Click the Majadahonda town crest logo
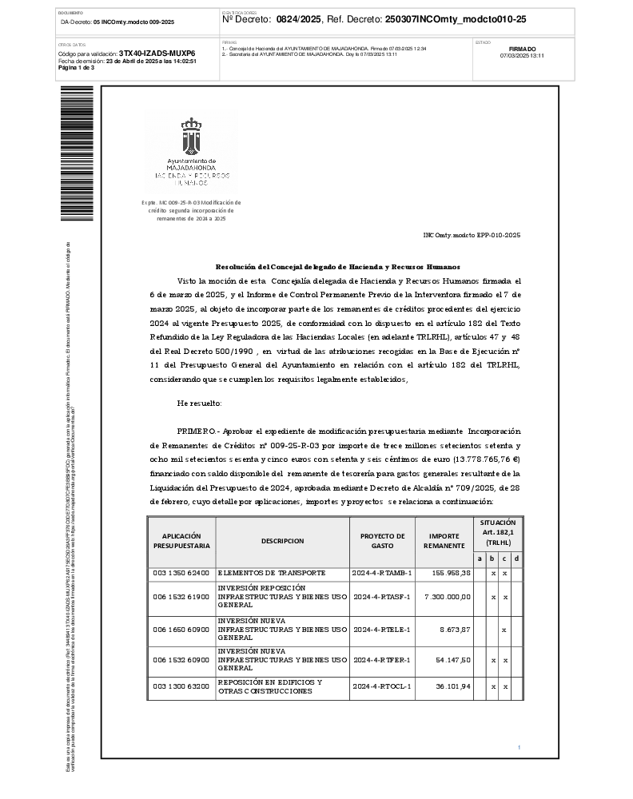(x=190, y=137)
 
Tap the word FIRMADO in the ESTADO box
(x=522, y=49)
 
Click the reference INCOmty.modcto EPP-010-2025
(x=472, y=236)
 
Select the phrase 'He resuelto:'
(x=200, y=403)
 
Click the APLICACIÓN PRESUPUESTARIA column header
(x=181, y=540)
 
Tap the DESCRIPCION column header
(x=282, y=541)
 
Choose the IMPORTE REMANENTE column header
(x=444, y=541)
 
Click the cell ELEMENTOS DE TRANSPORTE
(x=271, y=574)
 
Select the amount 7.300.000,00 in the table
(x=447, y=596)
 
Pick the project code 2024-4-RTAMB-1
(x=381, y=574)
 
